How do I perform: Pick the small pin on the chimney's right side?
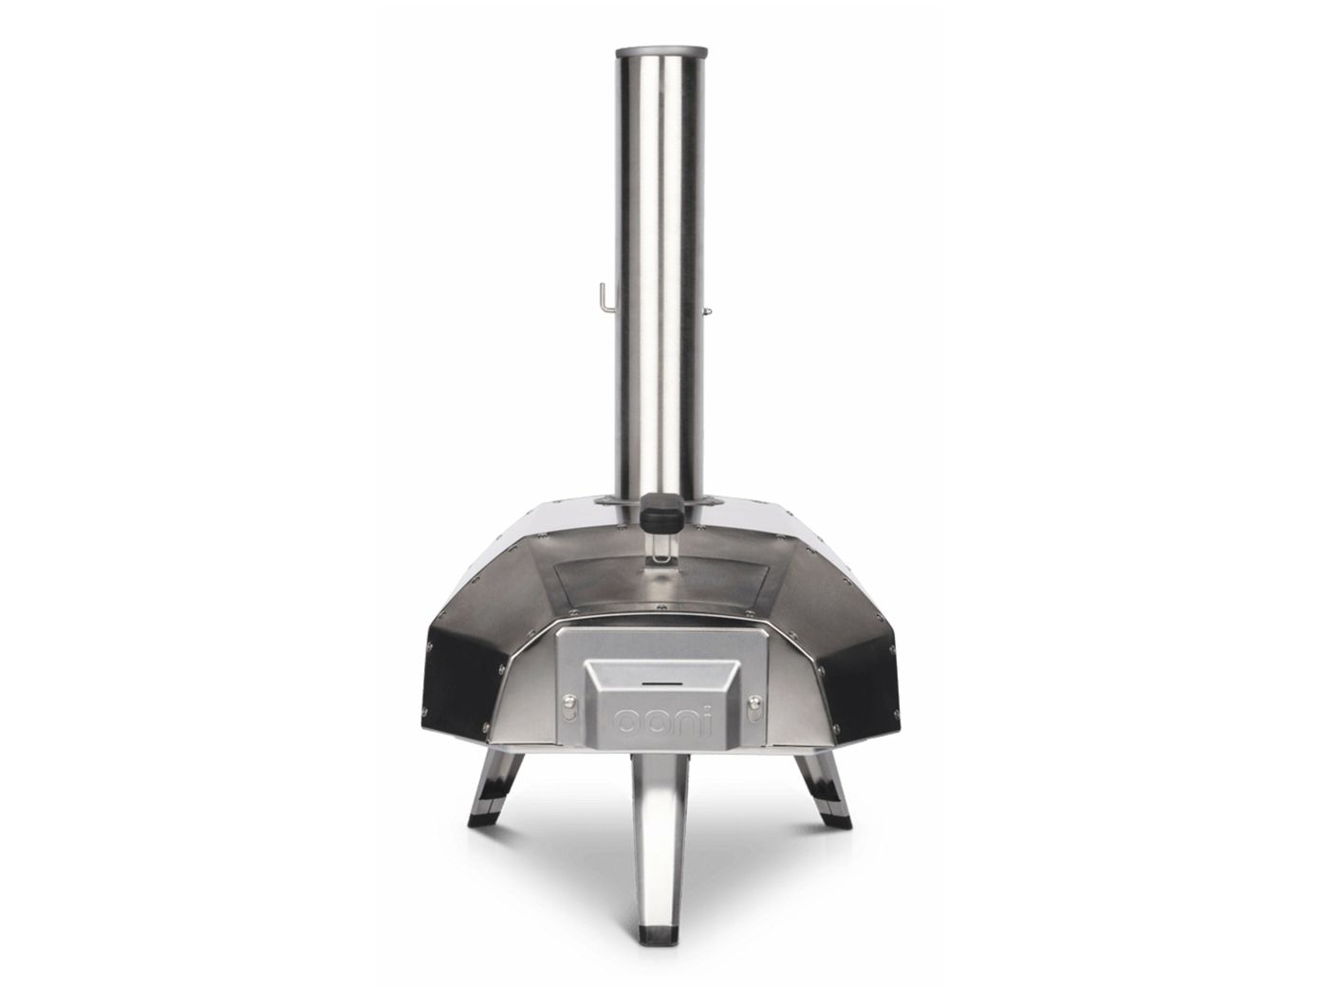click(708, 310)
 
